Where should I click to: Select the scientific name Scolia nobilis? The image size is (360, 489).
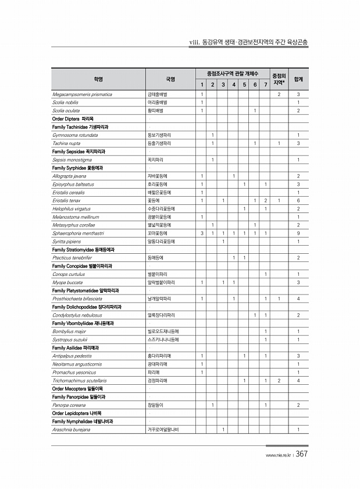[65, 102]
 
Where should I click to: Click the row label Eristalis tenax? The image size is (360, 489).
[66, 200]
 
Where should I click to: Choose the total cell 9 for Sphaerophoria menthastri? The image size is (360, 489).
[298, 233]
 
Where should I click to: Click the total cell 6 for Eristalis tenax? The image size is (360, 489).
[298, 200]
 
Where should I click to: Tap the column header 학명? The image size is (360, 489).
[99, 79]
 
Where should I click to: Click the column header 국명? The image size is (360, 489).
[170, 79]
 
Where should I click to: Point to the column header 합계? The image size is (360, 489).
[298, 79]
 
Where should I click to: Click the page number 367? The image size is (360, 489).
[301, 455]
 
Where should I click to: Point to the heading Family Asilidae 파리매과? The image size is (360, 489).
[76, 348]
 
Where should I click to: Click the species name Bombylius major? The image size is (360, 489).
[69, 331]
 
